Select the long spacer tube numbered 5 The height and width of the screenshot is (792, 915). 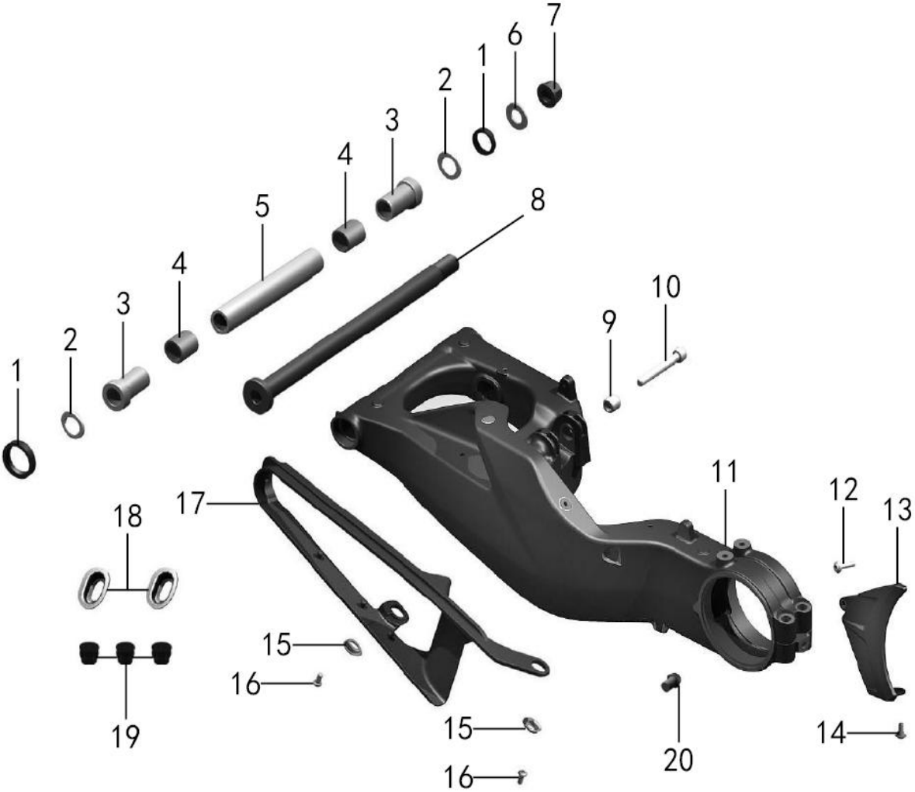267,290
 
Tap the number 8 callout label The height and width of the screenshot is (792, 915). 537,200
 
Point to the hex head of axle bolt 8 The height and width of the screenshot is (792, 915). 257,395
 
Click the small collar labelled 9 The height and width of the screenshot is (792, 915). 611,404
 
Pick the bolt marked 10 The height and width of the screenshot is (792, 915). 662,366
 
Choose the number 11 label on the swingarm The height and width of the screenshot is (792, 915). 724,473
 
